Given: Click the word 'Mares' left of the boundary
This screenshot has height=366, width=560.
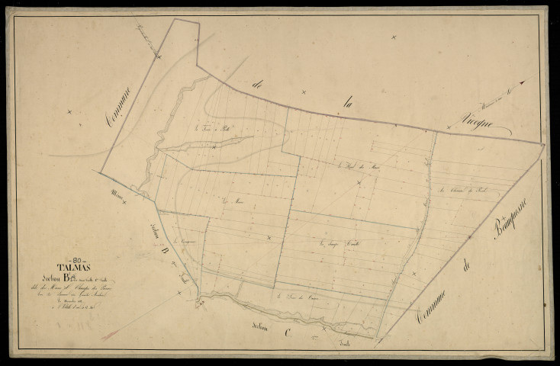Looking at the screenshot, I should (117, 193).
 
